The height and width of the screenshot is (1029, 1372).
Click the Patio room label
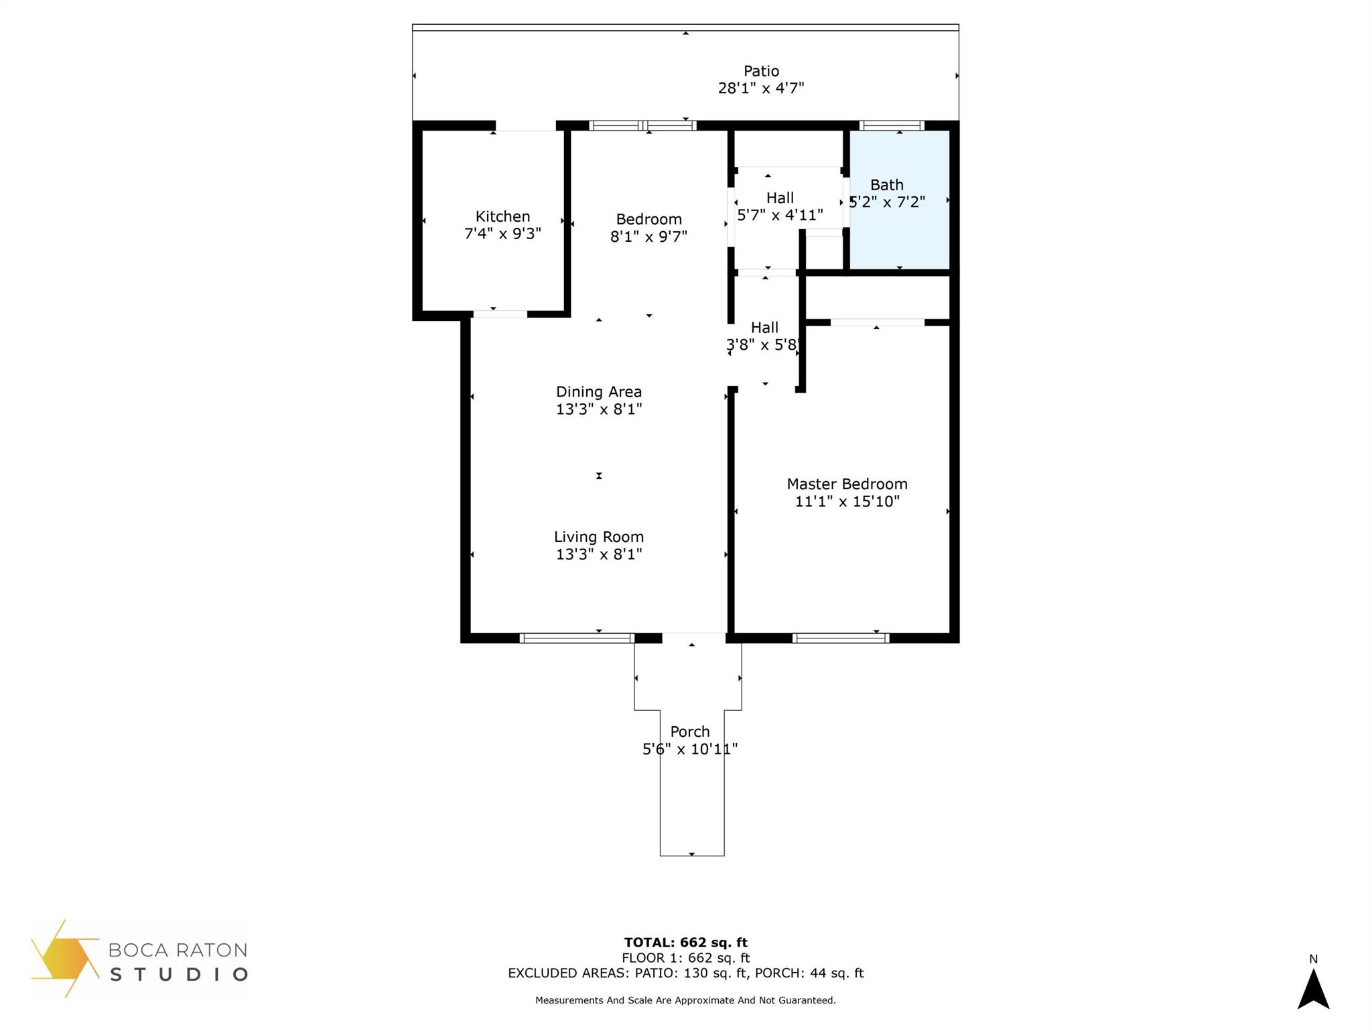(x=761, y=71)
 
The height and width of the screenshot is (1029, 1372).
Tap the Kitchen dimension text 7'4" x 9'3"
(x=502, y=234)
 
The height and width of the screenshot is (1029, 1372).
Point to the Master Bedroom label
(x=847, y=484)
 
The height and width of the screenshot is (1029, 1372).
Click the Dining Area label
(x=598, y=392)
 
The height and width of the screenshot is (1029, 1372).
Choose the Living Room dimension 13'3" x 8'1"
(x=598, y=554)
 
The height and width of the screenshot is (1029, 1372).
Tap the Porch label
(x=689, y=732)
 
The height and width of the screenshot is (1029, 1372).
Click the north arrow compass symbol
(x=1313, y=988)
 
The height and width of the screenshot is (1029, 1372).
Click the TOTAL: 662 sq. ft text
(x=685, y=943)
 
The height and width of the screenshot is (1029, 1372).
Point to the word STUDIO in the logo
(x=179, y=974)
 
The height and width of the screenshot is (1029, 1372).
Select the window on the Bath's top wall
(x=892, y=125)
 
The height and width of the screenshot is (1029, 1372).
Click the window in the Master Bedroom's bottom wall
(x=841, y=638)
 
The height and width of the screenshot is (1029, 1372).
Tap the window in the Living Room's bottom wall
(x=577, y=638)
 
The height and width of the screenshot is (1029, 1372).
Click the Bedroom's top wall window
(x=642, y=125)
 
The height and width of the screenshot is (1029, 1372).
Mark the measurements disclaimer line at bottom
(x=685, y=1000)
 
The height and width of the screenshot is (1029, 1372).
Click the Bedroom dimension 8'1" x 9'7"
(x=648, y=236)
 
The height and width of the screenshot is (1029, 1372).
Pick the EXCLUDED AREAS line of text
(x=685, y=973)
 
